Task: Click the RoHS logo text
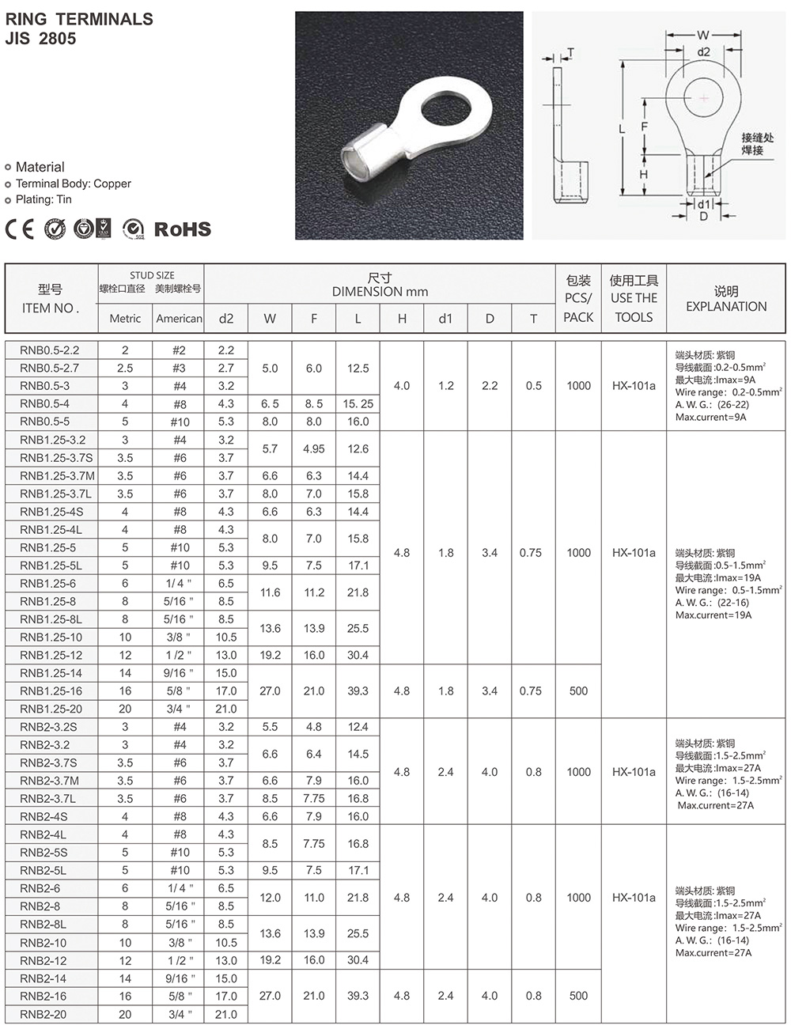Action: point(182,229)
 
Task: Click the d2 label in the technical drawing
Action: point(703,52)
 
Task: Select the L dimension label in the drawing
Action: point(623,129)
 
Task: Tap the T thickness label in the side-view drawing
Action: point(570,54)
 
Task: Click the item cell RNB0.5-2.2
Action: point(49,350)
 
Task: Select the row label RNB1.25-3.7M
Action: point(57,475)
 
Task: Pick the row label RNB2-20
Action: point(44,1014)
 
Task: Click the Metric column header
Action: point(125,318)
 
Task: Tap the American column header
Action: point(180,318)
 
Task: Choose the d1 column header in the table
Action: point(445,318)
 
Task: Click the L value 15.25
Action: point(358,403)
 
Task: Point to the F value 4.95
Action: point(314,448)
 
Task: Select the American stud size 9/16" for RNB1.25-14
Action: point(180,672)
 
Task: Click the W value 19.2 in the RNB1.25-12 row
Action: point(270,654)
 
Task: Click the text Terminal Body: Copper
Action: point(74,183)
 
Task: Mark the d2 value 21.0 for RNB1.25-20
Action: point(226,709)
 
